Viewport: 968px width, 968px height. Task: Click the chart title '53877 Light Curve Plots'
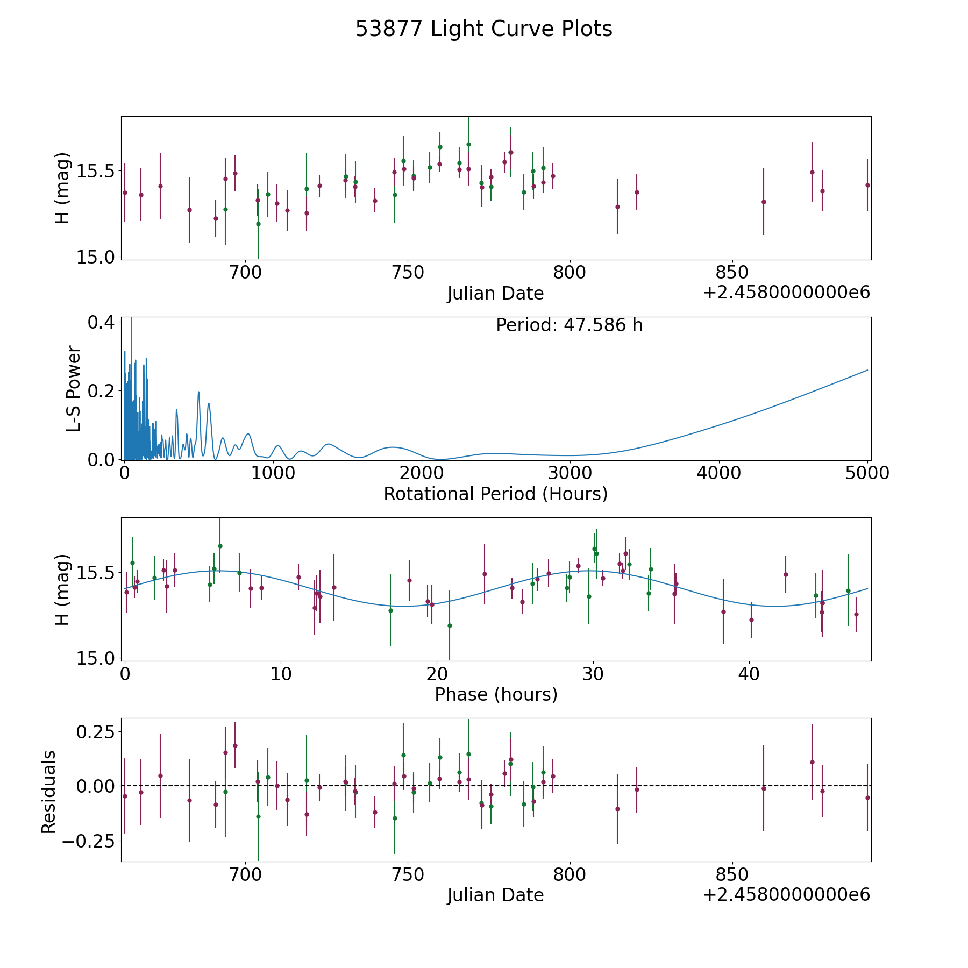[483, 29]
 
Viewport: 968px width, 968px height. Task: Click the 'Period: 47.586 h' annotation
[569, 325]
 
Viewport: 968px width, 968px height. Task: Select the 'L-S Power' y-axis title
[74, 389]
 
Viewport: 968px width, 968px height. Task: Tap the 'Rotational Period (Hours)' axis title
[495, 494]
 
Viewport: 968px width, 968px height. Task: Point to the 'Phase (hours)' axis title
[496, 694]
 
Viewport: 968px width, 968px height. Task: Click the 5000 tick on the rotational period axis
[867, 473]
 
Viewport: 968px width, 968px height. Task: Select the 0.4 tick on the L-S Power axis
[101, 322]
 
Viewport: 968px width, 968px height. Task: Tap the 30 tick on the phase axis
[593, 674]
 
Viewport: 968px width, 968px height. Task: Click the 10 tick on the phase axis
[281, 674]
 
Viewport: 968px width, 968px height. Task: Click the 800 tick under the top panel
[570, 273]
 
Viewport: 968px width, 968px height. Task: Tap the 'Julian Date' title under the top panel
[495, 294]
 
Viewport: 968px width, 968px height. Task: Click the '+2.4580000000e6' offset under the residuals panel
[786, 894]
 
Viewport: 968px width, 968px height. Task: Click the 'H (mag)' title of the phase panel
[63, 589]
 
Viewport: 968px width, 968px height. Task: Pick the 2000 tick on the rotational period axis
[422, 473]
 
